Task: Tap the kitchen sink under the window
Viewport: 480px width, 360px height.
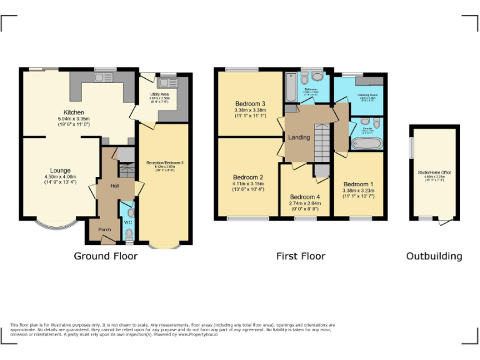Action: tap(102, 77)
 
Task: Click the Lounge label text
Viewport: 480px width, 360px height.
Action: tap(61, 170)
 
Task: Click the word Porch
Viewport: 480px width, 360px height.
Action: tap(105, 229)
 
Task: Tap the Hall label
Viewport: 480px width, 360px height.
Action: tap(115, 186)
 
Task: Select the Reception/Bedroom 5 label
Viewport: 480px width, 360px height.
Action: tap(162, 162)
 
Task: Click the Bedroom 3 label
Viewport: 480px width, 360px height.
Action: tap(250, 104)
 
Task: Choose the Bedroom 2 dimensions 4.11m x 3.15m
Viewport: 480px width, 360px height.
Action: tap(248, 184)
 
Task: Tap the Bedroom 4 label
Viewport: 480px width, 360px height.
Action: tap(305, 197)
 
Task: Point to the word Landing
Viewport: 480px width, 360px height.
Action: tap(299, 137)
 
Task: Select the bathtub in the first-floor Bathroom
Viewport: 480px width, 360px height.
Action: tap(291, 87)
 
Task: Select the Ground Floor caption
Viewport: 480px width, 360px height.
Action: tap(106, 256)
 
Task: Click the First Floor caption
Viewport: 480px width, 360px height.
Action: tap(301, 256)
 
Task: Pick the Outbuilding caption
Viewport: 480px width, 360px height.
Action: tap(434, 256)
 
